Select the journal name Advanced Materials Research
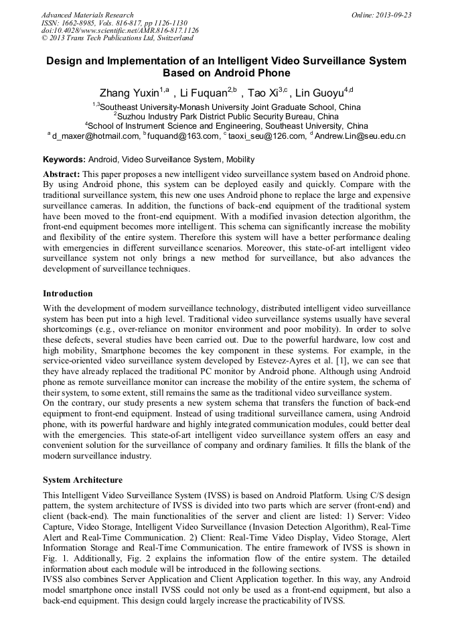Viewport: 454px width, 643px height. [87, 15]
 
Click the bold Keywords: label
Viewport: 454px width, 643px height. [64, 160]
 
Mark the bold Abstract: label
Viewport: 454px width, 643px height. [62, 174]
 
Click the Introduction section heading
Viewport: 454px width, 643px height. [68, 294]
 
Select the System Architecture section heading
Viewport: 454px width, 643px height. [82, 480]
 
